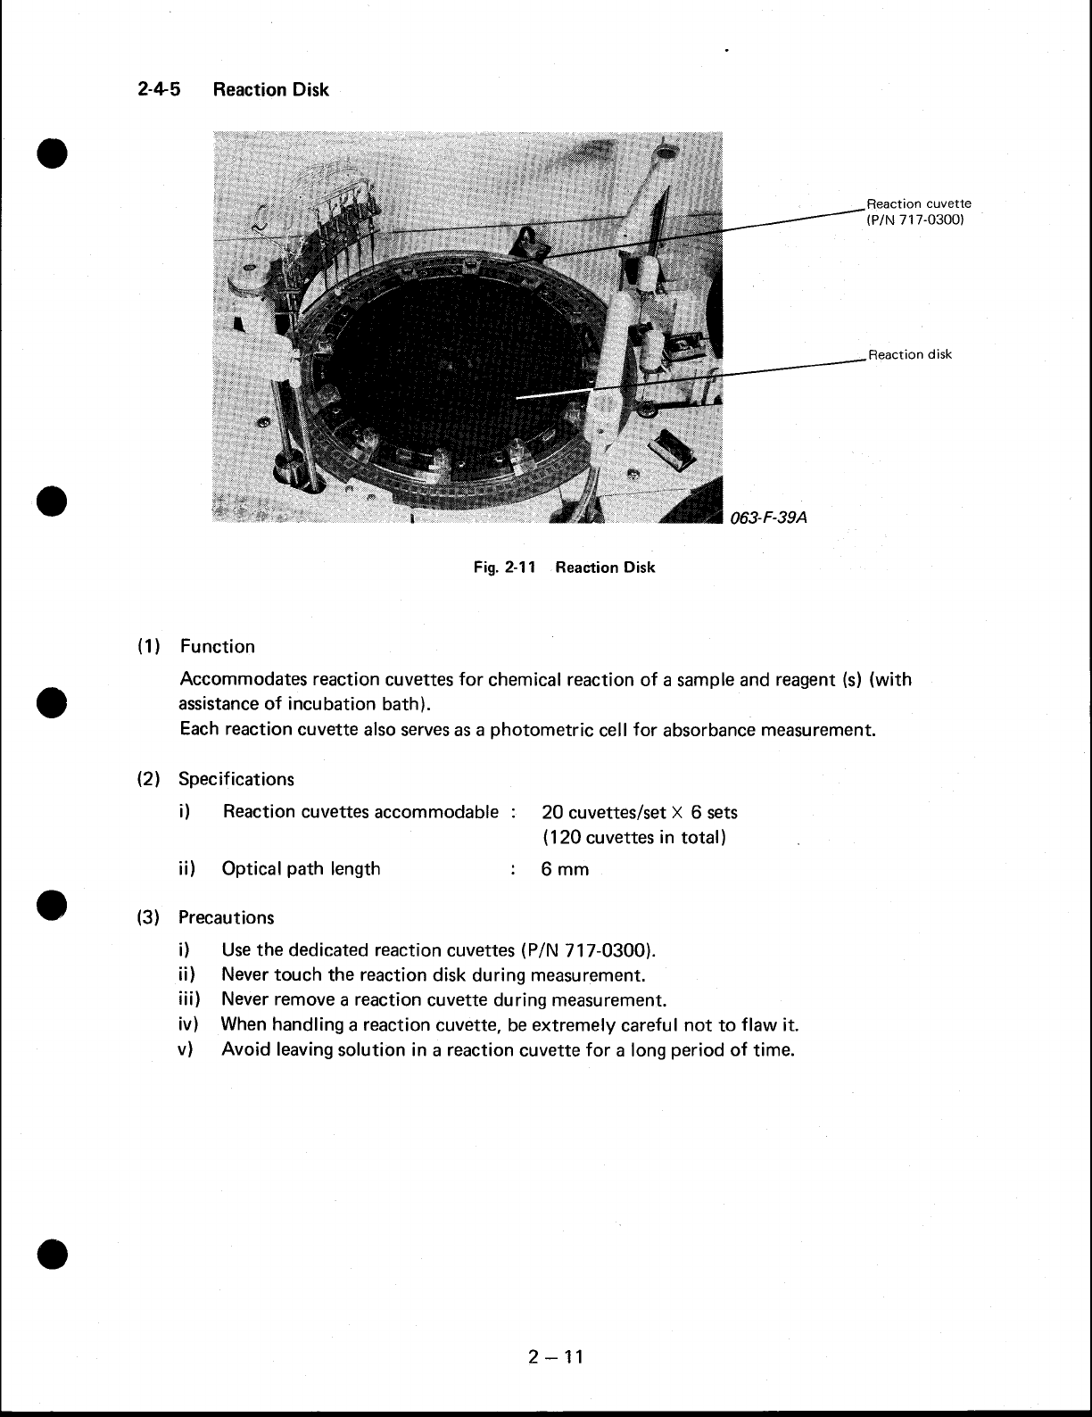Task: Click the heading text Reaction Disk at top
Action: click(x=271, y=90)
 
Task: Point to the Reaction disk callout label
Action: click(x=910, y=354)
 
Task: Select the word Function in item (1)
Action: click(x=217, y=647)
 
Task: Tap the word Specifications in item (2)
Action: click(x=236, y=779)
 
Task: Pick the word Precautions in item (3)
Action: click(x=227, y=917)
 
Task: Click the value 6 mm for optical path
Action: click(x=565, y=869)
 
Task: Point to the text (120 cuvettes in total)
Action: click(x=633, y=838)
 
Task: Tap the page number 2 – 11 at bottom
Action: click(x=554, y=1357)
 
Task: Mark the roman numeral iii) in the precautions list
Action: click(x=187, y=999)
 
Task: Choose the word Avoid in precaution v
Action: click(x=246, y=1049)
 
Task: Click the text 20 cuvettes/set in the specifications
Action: click(x=604, y=812)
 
